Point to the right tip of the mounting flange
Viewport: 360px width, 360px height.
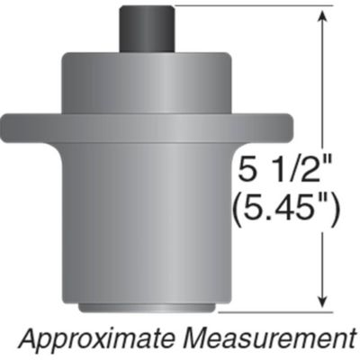286,123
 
